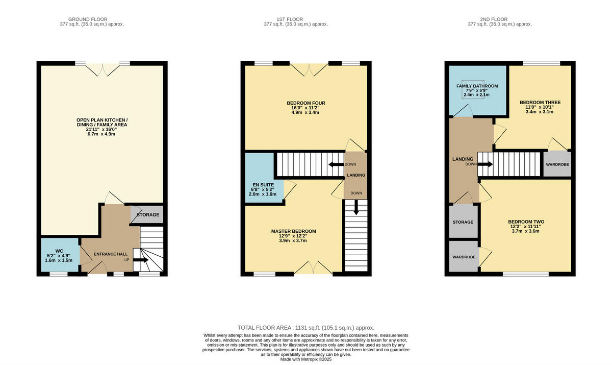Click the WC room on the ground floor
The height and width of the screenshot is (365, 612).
59,255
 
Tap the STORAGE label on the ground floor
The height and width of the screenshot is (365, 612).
147,215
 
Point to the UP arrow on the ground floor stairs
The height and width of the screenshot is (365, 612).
141,260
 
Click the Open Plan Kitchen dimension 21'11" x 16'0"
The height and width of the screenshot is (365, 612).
103,130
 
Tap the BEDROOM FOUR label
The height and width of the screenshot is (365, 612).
305,103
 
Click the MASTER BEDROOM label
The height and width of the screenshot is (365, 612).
293,231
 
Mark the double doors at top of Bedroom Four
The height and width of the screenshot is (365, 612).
309,70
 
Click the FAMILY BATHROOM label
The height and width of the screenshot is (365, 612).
477,86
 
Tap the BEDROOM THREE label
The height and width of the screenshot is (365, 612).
540,103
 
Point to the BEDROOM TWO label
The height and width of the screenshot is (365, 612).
526,222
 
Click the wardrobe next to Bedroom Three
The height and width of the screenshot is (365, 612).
557,164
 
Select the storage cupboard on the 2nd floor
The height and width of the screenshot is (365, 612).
463,222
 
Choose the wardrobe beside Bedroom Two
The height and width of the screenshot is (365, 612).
463,256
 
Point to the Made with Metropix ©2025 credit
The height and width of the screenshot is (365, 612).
306,359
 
